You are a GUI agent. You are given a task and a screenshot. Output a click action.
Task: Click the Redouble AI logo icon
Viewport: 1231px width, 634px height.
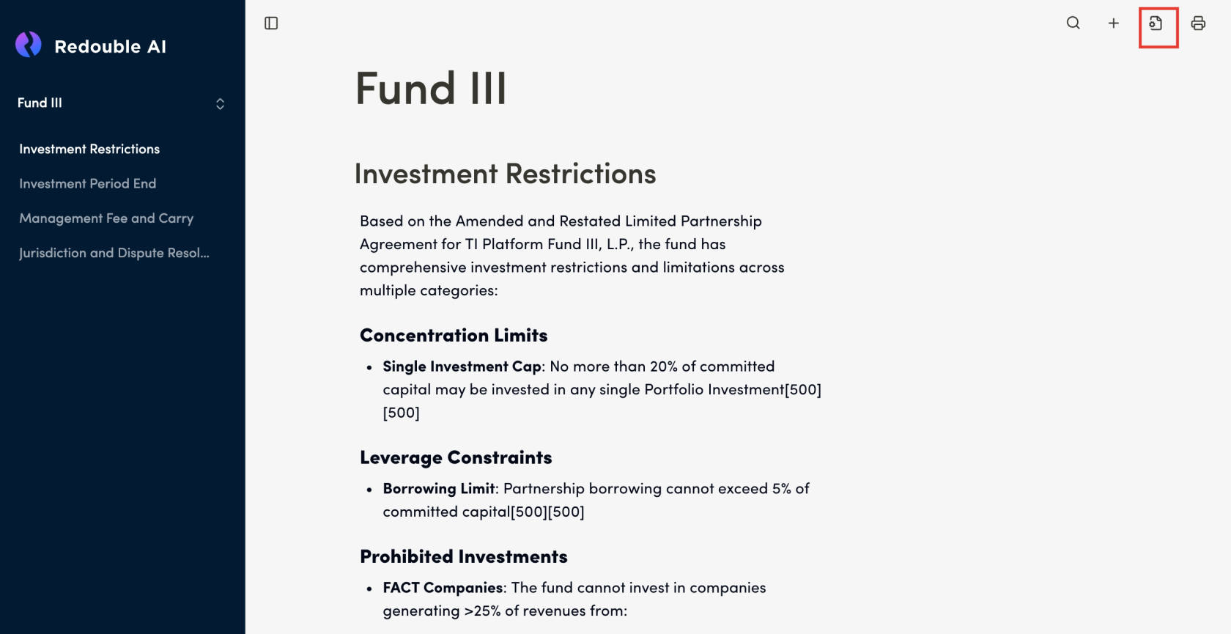coord(29,45)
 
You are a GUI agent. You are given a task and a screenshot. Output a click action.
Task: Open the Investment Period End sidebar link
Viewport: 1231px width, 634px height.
coord(87,183)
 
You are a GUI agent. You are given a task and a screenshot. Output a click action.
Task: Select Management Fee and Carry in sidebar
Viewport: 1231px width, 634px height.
coord(106,218)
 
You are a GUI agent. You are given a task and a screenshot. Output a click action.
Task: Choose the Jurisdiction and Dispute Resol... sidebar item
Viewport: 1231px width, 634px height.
coord(114,253)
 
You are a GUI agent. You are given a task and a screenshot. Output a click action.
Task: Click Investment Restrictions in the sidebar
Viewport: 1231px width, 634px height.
coord(89,149)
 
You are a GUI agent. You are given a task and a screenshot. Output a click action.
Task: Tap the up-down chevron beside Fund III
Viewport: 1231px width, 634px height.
coord(220,104)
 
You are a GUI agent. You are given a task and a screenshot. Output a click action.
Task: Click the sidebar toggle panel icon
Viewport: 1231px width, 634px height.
coord(271,23)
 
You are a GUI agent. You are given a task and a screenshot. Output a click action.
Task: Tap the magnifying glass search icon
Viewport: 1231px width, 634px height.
coord(1073,23)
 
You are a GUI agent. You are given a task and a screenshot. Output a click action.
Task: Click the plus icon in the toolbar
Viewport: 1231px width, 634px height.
coord(1113,23)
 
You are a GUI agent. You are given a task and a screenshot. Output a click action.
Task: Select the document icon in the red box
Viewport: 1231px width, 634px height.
coord(1156,23)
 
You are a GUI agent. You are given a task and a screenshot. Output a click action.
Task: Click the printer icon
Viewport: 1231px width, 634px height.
coord(1198,23)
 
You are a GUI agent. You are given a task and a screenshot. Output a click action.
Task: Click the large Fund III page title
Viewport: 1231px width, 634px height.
coord(431,89)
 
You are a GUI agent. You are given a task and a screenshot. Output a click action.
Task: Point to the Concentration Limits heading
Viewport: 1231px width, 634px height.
coord(454,336)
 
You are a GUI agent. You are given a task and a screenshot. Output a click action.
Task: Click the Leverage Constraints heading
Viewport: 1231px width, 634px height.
coord(456,458)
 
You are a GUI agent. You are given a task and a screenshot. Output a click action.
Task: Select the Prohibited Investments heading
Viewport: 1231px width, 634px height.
coord(464,557)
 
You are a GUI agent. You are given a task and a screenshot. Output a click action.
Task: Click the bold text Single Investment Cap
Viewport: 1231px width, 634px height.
coord(462,366)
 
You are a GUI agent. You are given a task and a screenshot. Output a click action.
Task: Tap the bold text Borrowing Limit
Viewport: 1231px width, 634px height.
coord(439,489)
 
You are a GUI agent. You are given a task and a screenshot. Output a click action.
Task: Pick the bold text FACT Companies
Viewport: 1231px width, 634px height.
coord(443,588)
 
